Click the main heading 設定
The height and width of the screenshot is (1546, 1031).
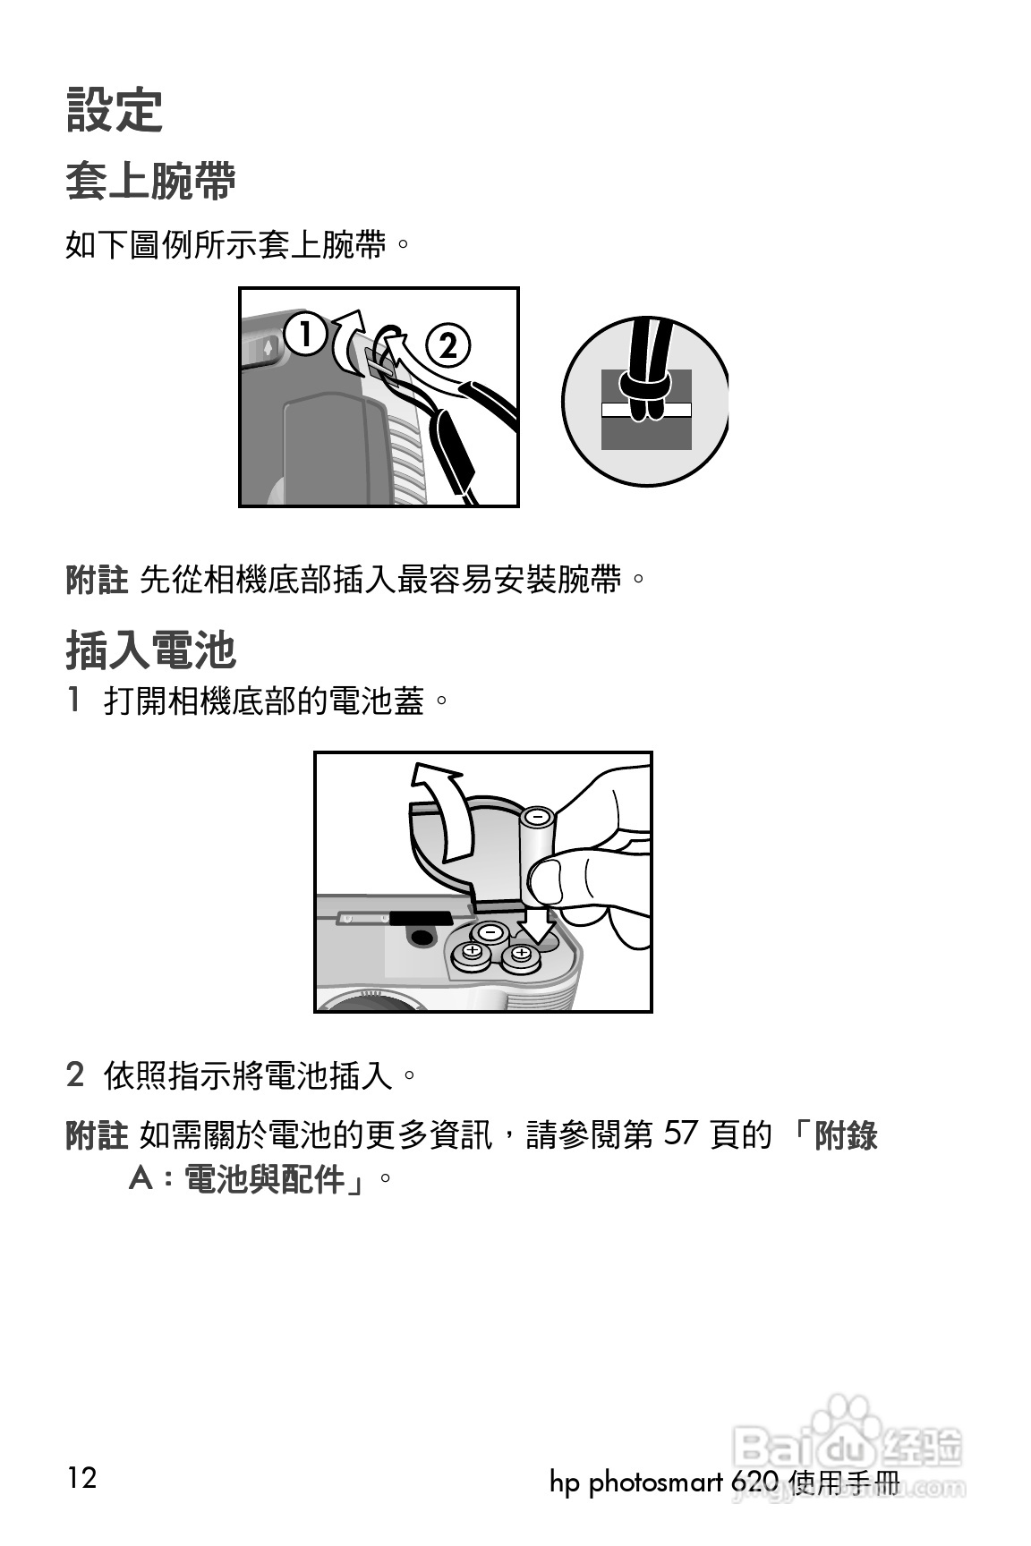114,111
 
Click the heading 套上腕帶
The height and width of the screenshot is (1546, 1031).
150,182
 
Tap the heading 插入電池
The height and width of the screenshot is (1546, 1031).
150,650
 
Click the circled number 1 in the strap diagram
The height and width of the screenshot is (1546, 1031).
305,335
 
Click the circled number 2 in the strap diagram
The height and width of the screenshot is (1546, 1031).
447,345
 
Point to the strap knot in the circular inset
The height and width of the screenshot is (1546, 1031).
646,389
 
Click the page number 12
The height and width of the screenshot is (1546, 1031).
81,1476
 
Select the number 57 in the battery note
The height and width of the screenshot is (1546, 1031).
680,1134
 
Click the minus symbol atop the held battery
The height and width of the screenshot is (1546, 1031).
538,816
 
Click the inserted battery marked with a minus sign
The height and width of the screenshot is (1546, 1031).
490,932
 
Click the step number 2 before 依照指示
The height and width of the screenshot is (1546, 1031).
75,1074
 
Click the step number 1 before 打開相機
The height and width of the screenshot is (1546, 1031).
75,700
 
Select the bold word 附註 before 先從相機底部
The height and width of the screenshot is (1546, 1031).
97,580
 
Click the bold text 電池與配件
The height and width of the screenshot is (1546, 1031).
265,1180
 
